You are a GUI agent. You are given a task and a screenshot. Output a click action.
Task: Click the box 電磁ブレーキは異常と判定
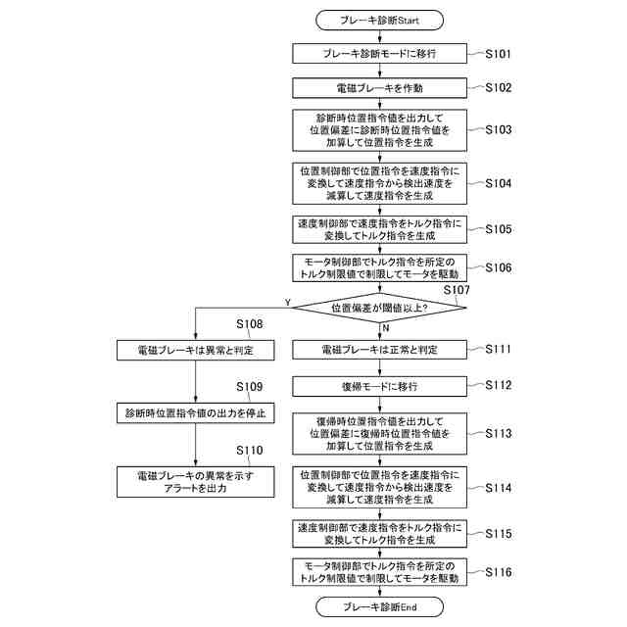pyautogui.click(x=196, y=349)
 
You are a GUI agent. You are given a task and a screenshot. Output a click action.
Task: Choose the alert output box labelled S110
pyautogui.click(x=196, y=480)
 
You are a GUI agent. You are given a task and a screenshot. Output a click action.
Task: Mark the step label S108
pyautogui.click(x=249, y=324)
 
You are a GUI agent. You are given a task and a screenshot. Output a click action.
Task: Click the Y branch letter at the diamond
pyautogui.click(x=286, y=301)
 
